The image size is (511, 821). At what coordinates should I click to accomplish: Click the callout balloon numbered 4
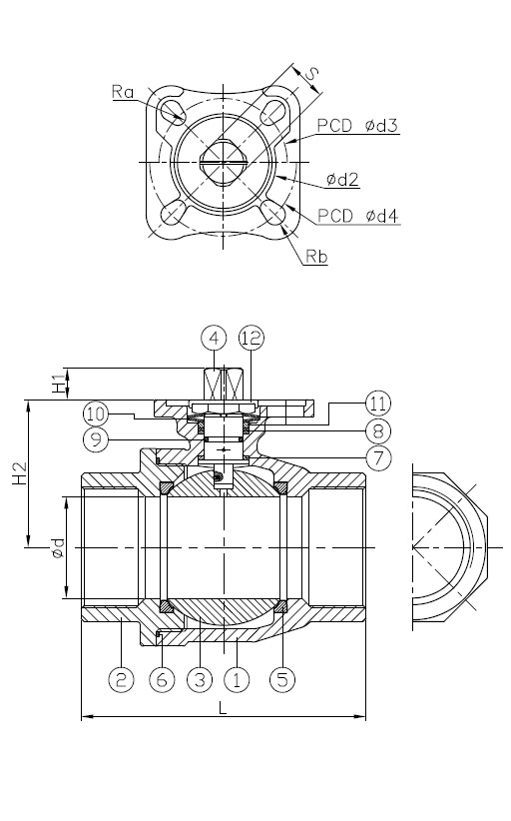click(214, 338)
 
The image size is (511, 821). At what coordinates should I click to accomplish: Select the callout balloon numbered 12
click(252, 338)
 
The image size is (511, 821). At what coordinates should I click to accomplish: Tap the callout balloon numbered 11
click(377, 403)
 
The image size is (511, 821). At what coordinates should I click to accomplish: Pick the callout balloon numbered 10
click(96, 412)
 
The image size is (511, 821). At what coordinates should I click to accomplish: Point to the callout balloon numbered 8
click(377, 430)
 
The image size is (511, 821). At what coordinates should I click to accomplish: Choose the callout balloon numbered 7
click(377, 458)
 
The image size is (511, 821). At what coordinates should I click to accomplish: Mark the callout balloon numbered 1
click(238, 679)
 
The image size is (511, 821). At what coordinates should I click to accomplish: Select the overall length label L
click(222, 706)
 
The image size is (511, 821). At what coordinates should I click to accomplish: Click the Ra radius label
click(124, 91)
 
